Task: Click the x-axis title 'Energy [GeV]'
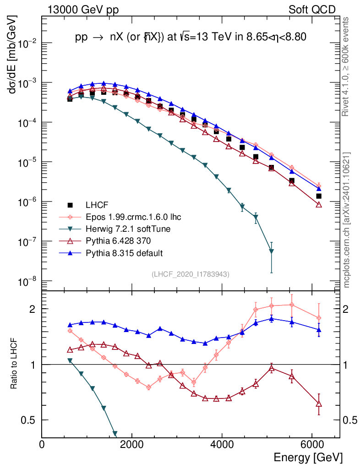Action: click(308, 457)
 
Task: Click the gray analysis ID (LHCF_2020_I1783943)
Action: click(191, 274)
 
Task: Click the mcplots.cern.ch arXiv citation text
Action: click(347, 220)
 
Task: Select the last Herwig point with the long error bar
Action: click(272, 251)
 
